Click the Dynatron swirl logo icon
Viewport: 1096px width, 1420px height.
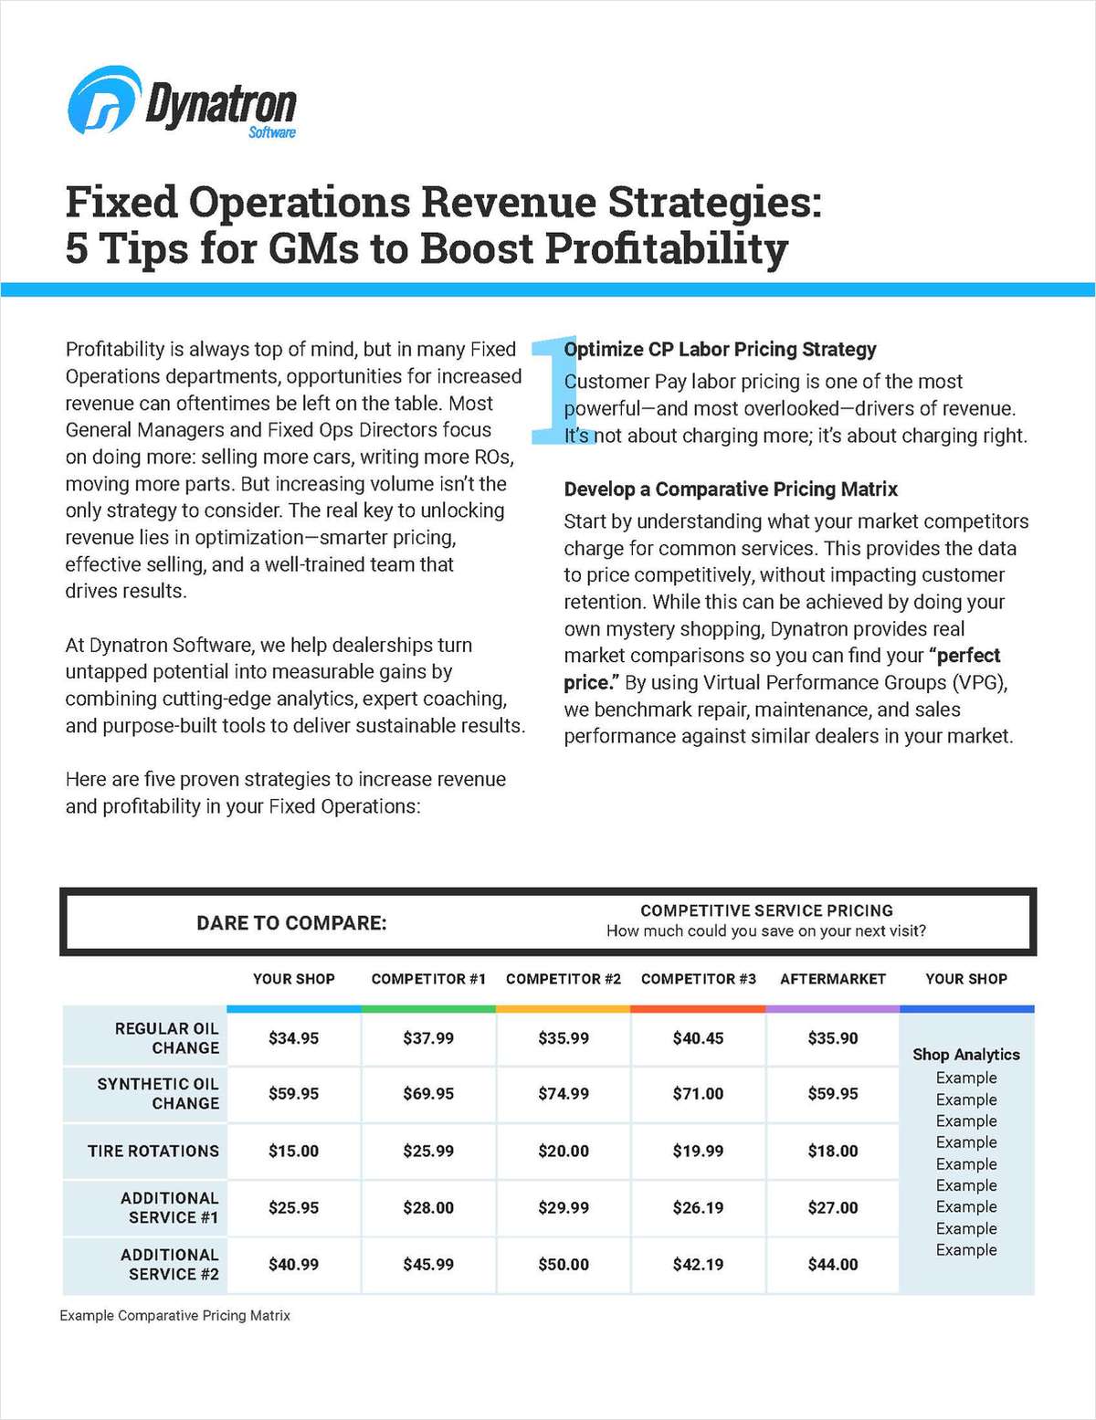(x=103, y=100)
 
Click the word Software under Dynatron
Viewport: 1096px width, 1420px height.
(x=271, y=132)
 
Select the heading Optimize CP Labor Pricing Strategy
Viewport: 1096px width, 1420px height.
(x=720, y=349)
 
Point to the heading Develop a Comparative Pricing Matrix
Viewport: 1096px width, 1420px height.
(x=731, y=489)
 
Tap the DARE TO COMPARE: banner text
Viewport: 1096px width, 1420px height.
(x=291, y=922)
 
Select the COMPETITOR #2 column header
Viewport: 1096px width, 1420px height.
(x=563, y=979)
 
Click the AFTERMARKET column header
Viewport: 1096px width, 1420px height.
(x=832, y=979)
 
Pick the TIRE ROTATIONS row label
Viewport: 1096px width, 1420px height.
(x=153, y=1151)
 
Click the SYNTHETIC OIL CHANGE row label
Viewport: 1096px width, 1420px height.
(x=158, y=1093)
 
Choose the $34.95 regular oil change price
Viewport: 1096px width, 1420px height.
(x=293, y=1038)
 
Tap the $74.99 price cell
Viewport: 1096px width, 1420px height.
(x=563, y=1093)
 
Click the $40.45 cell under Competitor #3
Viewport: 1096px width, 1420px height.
(x=698, y=1038)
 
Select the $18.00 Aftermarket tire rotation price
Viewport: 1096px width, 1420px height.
(x=832, y=1151)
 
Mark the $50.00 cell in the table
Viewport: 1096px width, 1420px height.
(x=563, y=1265)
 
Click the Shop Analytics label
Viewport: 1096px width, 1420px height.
(x=965, y=1054)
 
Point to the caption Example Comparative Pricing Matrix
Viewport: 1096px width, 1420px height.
(x=174, y=1315)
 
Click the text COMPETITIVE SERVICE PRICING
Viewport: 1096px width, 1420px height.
(x=766, y=910)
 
